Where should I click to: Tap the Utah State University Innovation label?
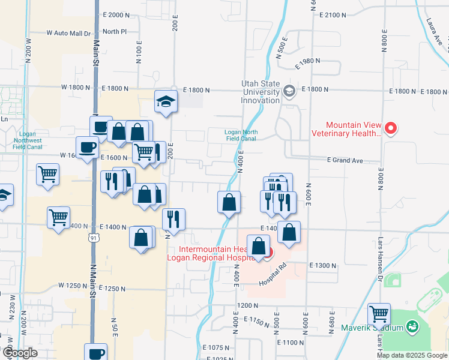click(x=261, y=91)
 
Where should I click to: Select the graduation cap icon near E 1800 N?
click(x=165, y=101)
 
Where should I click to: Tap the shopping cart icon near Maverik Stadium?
click(x=379, y=313)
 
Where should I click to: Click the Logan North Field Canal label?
click(x=240, y=135)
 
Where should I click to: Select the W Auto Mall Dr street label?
click(x=68, y=34)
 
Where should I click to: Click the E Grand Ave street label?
click(x=345, y=160)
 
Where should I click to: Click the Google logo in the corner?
click(x=19, y=353)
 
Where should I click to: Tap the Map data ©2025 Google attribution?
click(x=412, y=355)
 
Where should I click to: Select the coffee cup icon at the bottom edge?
click(x=95, y=352)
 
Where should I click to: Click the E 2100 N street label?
click(x=334, y=14)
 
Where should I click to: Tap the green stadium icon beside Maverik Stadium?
click(x=412, y=327)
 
